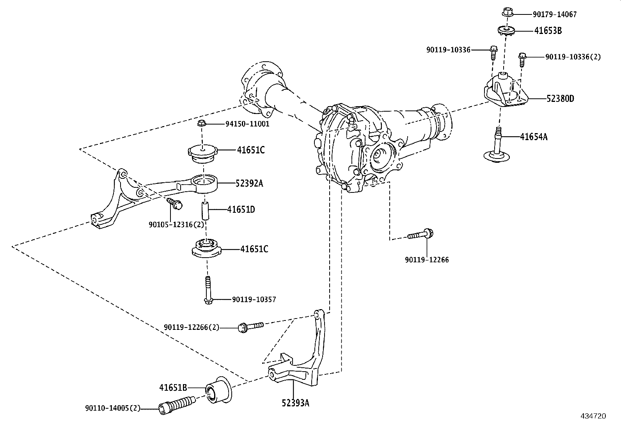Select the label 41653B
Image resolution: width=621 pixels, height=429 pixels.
coord(548,30)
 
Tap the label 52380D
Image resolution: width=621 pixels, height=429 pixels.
coord(560,98)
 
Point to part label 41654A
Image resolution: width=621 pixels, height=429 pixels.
coord(533,137)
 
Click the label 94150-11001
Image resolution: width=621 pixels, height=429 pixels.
coord(247,124)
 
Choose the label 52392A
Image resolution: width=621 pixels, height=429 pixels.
coord(249,183)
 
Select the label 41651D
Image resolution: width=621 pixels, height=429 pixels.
coord(241,210)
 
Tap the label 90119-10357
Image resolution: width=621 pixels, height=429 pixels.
coord(254,300)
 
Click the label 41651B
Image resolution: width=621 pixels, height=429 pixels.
coord(173,388)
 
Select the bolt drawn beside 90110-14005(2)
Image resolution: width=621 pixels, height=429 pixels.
coord(177,405)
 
